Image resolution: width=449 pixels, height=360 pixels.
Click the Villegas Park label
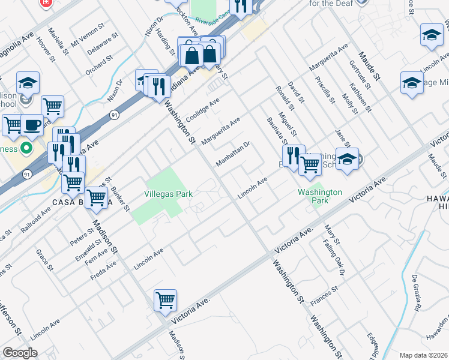coord(169,194)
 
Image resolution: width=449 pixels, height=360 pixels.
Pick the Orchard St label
coord(99,65)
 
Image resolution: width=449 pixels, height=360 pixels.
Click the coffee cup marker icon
coord(32,125)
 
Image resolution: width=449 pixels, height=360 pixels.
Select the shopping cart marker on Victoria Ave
coord(165,300)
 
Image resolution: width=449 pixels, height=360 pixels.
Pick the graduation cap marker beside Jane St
coord(347,159)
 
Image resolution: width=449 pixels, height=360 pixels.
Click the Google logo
coord(20,353)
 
